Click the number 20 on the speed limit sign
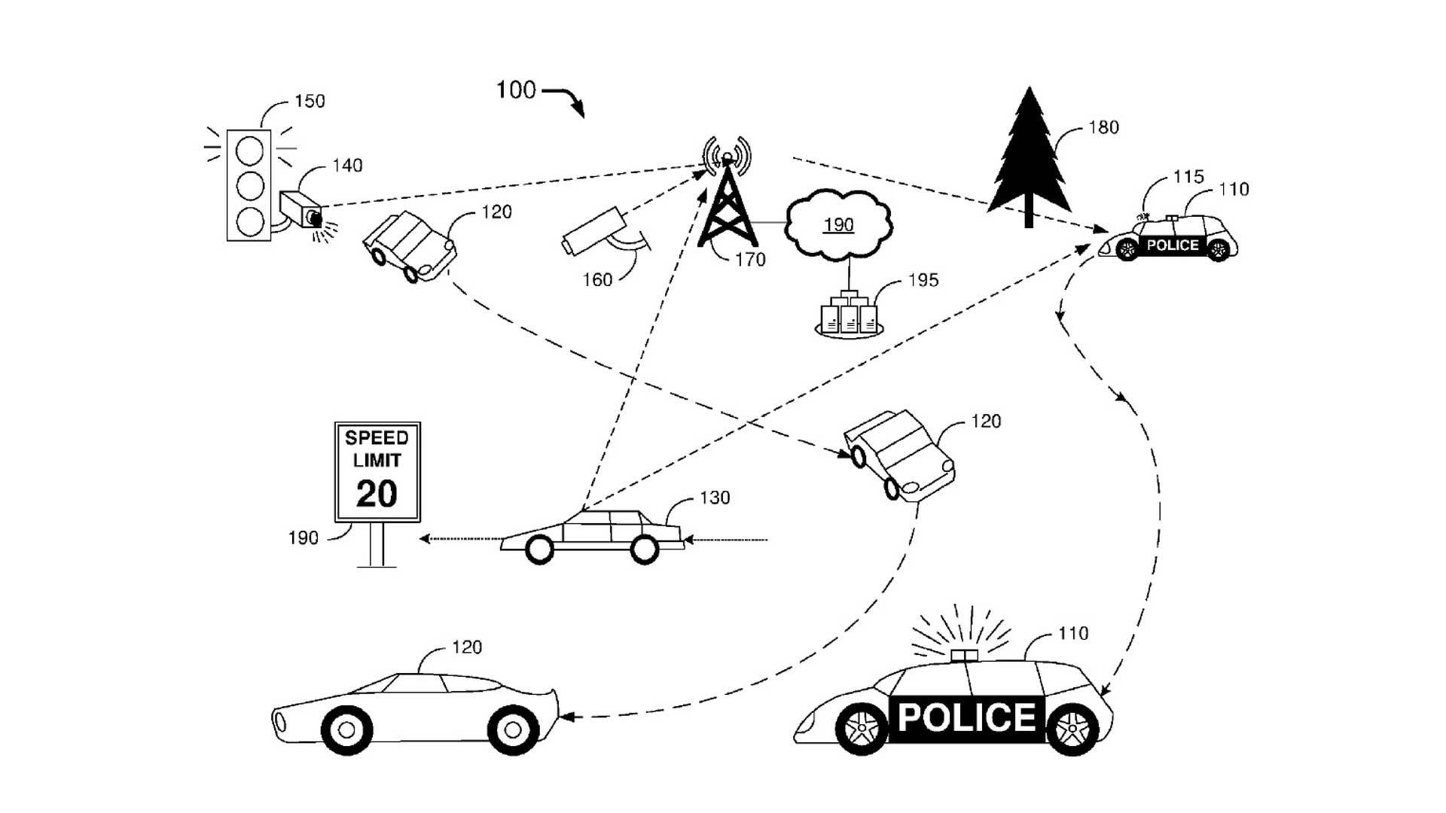point(377,495)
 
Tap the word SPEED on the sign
point(377,437)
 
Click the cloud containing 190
point(838,224)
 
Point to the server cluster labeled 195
point(849,315)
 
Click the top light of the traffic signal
point(249,151)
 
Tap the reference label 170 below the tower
point(749,260)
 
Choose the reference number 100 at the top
point(516,90)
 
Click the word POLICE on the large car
point(967,717)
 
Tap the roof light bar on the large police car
point(964,655)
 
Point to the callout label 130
point(715,498)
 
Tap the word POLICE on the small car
point(1173,245)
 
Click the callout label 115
point(1188,177)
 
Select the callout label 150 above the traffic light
point(310,101)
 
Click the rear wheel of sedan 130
point(644,550)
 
